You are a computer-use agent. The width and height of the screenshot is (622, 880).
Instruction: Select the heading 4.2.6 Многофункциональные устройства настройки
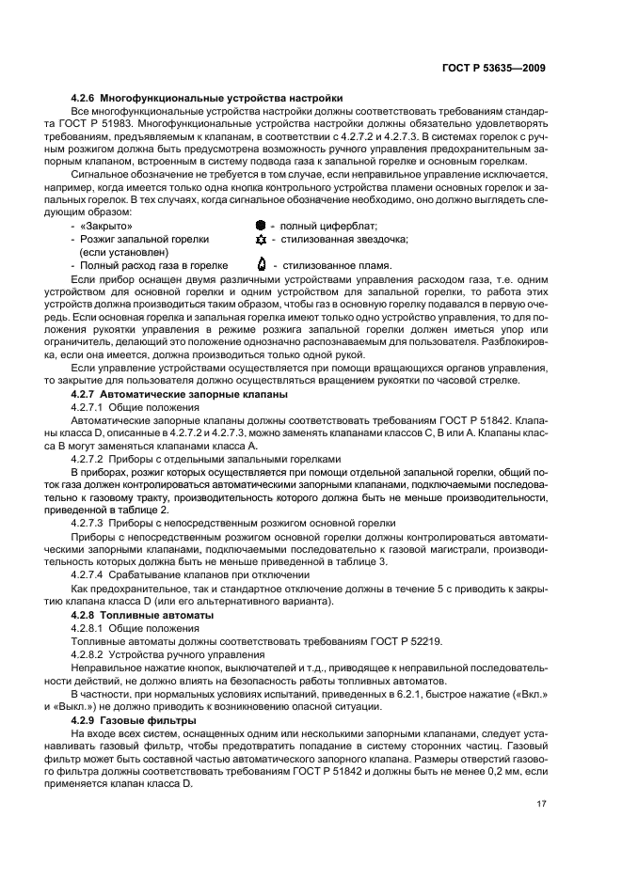tap(207, 99)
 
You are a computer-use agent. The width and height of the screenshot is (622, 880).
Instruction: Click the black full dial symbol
tap(261, 227)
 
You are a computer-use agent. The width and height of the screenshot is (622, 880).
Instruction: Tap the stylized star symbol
tap(261, 240)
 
